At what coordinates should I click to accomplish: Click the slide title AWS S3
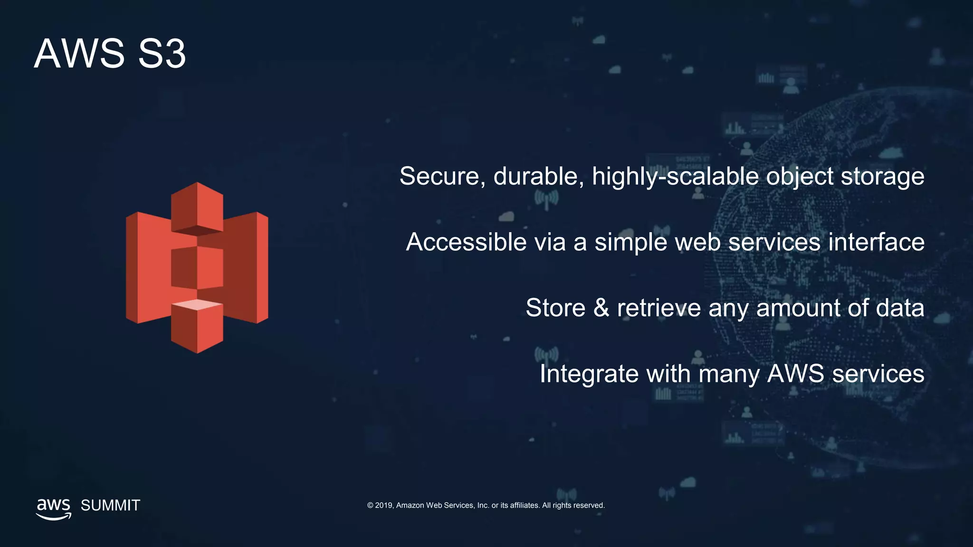pos(110,54)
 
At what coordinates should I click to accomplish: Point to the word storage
pos(882,177)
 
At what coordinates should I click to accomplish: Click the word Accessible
pos(466,242)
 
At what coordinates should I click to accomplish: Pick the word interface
pos(877,242)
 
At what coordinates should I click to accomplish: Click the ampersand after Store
pos(601,308)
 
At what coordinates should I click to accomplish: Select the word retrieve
pos(658,308)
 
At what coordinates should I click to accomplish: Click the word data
pos(900,308)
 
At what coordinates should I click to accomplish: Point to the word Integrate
pos(589,374)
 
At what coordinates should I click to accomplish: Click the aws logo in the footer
pos(54,508)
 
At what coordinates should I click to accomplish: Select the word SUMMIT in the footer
pos(110,505)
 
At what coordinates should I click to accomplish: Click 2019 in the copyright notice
pos(383,505)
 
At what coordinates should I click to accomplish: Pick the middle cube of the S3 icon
pos(197,267)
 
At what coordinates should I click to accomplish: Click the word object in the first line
pos(800,177)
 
